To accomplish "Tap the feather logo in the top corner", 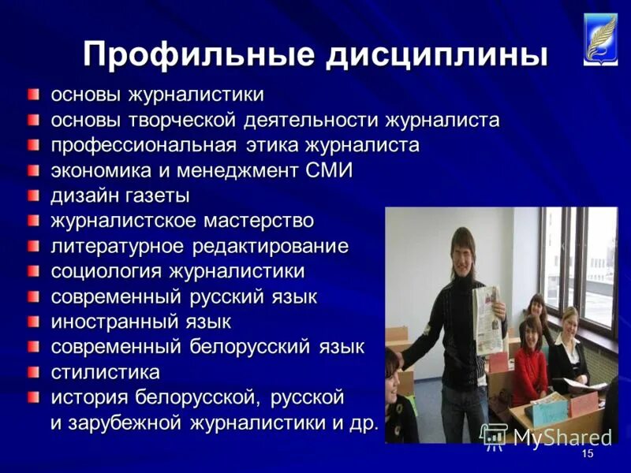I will click(602, 38).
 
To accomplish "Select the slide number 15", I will click(587, 455).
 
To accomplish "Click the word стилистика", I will click(106, 371).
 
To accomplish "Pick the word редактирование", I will click(268, 246).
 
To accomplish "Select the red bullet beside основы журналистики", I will click(33, 95).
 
